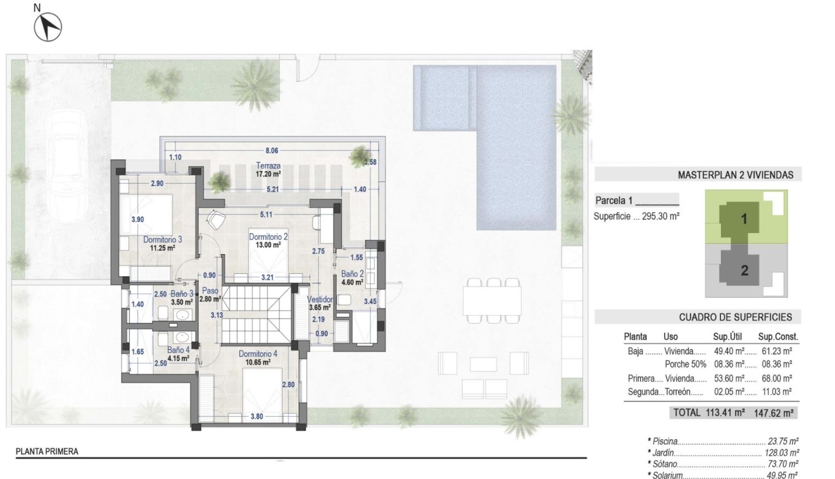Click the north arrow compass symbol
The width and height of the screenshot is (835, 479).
pos(48,27)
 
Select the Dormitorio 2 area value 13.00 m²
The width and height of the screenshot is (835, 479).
pos(268,245)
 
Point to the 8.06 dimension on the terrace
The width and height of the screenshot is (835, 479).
pos(271,151)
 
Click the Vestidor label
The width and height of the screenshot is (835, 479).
pos(319,299)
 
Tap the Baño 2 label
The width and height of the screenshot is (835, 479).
pos(351,274)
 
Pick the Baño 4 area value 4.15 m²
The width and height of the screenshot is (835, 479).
pos(179,358)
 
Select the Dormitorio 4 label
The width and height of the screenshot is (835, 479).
pos(258,354)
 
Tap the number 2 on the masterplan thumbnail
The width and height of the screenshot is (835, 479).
pos(744,271)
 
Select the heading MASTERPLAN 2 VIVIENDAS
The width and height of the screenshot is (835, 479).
pos(735,176)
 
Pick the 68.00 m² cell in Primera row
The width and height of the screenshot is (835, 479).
pos(779,378)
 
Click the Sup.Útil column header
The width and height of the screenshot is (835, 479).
pos(729,337)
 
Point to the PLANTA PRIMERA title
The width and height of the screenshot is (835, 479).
pos(47,452)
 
